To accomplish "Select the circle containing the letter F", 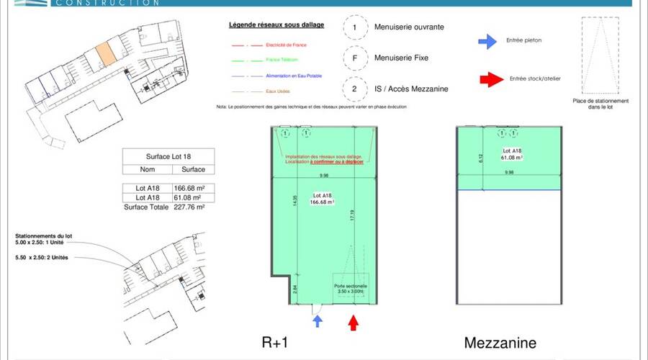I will (354, 57).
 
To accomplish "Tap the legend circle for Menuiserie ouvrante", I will (354, 27).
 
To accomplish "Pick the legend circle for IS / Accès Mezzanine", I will (354, 89).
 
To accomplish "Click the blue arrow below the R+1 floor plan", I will (318, 320).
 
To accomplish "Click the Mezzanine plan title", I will (500, 342).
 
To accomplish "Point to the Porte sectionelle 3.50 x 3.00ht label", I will (351, 288).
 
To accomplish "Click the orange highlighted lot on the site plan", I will (104, 53).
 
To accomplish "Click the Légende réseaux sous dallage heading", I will (276, 25).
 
